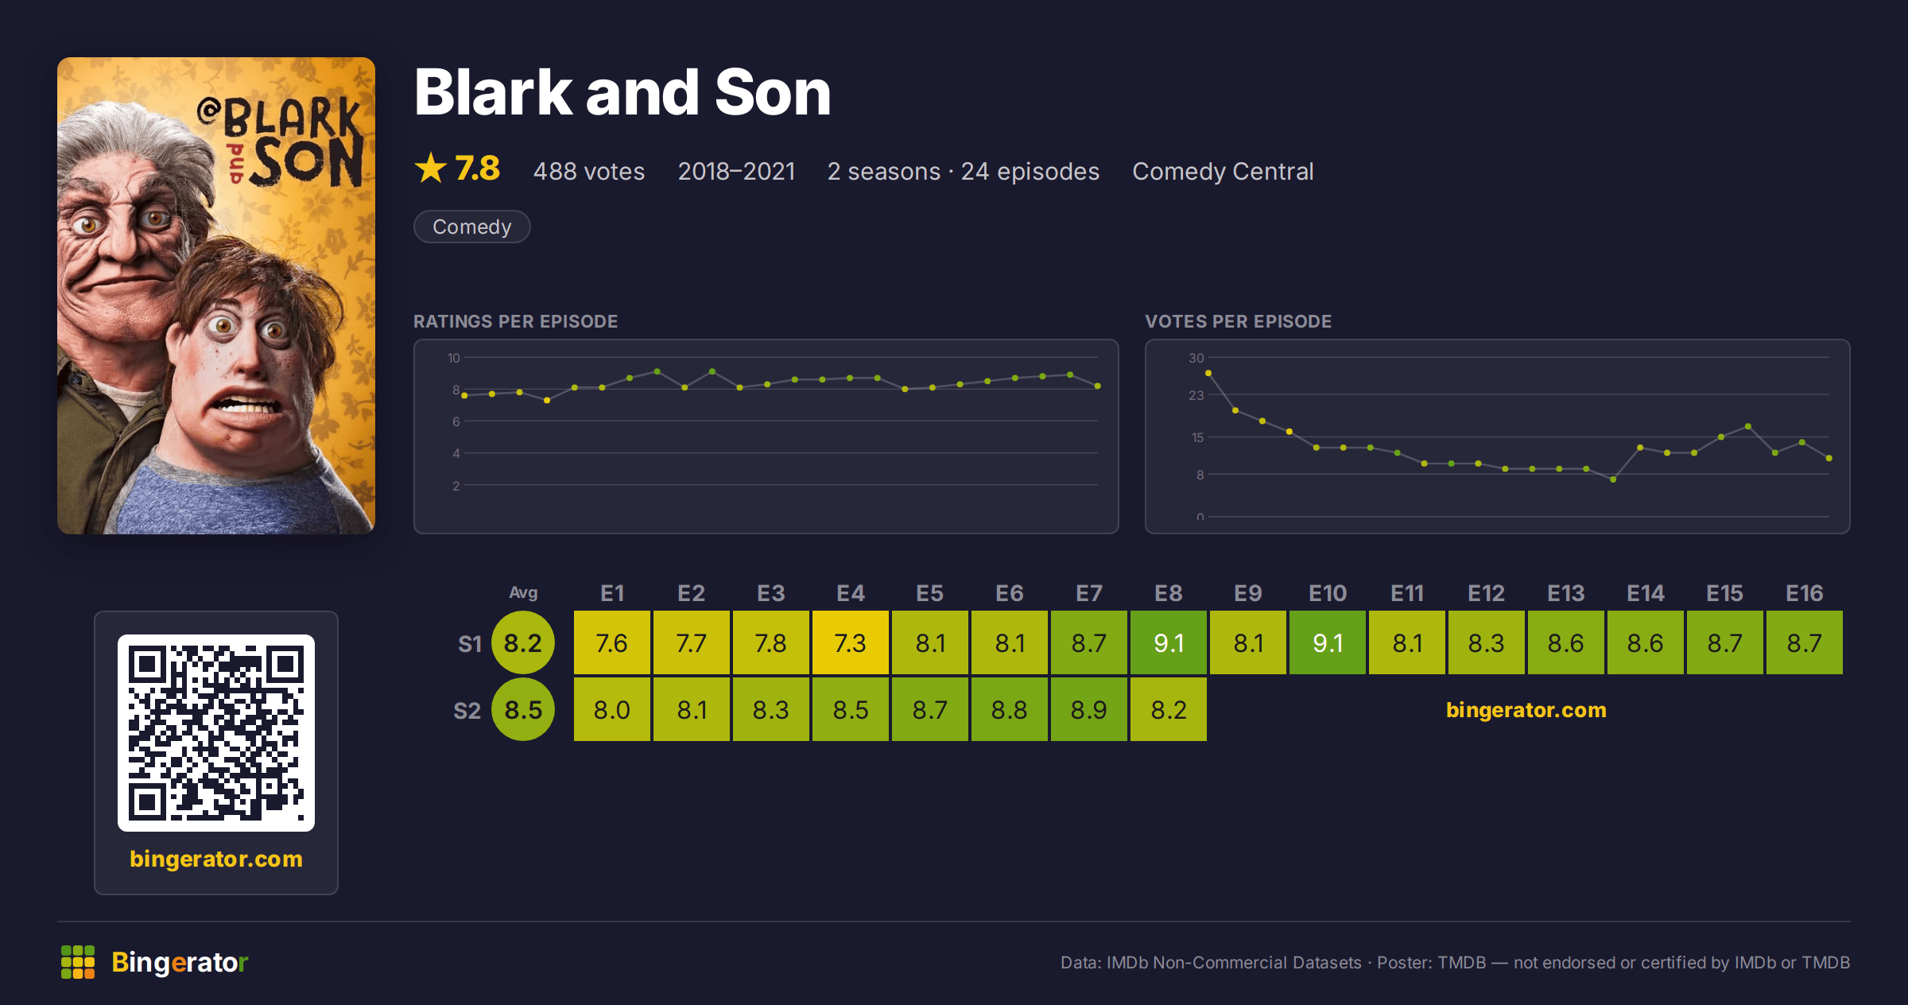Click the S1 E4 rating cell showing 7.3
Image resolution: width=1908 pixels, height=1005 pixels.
coord(850,642)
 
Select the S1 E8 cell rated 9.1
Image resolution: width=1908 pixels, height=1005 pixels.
coord(1168,642)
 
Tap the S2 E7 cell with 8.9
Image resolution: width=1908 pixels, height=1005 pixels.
coord(1088,709)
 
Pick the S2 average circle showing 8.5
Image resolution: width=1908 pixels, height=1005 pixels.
coord(523,709)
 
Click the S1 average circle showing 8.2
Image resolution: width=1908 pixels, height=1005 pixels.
coord(523,642)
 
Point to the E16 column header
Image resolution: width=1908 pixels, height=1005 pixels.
coord(1804,593)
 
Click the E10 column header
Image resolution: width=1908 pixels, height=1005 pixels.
coord(1327,593)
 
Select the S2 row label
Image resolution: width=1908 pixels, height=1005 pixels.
coord(467,710)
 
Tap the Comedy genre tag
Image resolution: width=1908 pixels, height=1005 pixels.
coord(471,227)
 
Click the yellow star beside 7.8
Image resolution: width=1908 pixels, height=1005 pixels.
coord(431,169)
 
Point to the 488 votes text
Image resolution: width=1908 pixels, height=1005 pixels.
coord(589,171)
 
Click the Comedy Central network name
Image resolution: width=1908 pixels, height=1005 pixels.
coord(1223,171)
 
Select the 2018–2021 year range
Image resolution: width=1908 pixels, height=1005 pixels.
coord(736,171)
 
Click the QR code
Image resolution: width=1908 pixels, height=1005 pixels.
coord(216,733)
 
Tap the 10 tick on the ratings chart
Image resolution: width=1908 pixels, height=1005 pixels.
coord(453,358)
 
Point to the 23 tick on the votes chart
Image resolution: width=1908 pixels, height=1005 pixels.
coord(1196,395)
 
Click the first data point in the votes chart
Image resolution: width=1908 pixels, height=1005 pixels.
coord(1208,373)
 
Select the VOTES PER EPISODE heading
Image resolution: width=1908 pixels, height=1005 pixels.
coord(1238,321)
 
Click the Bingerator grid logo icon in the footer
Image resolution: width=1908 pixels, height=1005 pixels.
coord(78,962)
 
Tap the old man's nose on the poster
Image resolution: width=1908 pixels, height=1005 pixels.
coord(119,243)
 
